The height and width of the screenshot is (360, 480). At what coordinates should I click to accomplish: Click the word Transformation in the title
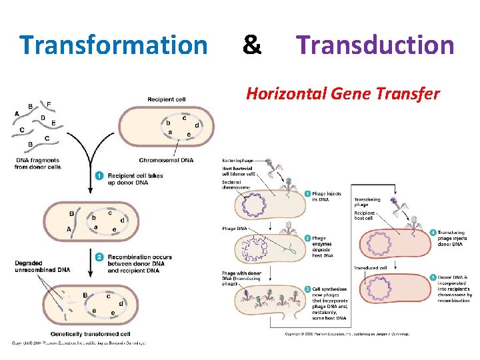pos(113,45)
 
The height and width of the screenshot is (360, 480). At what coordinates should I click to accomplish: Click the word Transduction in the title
pos(375,45)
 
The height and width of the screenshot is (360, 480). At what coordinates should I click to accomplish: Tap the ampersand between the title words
pos(251,45)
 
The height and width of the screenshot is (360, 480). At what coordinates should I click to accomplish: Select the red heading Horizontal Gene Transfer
pos(343,94)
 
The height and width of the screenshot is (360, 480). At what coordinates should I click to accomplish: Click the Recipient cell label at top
pos(166,100)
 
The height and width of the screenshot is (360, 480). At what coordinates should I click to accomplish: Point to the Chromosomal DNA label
pos(166,160)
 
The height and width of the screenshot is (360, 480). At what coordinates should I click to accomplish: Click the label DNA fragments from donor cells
pos(37,163)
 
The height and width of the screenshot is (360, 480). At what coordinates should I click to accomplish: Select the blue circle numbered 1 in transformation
pos(99,176)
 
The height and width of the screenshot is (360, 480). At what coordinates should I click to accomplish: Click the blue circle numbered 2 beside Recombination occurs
pos(99,257)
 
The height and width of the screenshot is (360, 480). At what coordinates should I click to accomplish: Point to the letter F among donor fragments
pos(49,104)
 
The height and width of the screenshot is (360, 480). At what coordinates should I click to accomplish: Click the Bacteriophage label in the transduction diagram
pos(238,161)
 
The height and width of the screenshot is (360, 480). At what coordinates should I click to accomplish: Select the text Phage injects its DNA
pos(327,197)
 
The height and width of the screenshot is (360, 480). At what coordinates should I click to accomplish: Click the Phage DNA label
pos(234,229)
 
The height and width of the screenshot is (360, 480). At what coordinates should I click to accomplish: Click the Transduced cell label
pos(371,268)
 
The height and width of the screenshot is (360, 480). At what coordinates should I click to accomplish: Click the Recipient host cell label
pos(365,214)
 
